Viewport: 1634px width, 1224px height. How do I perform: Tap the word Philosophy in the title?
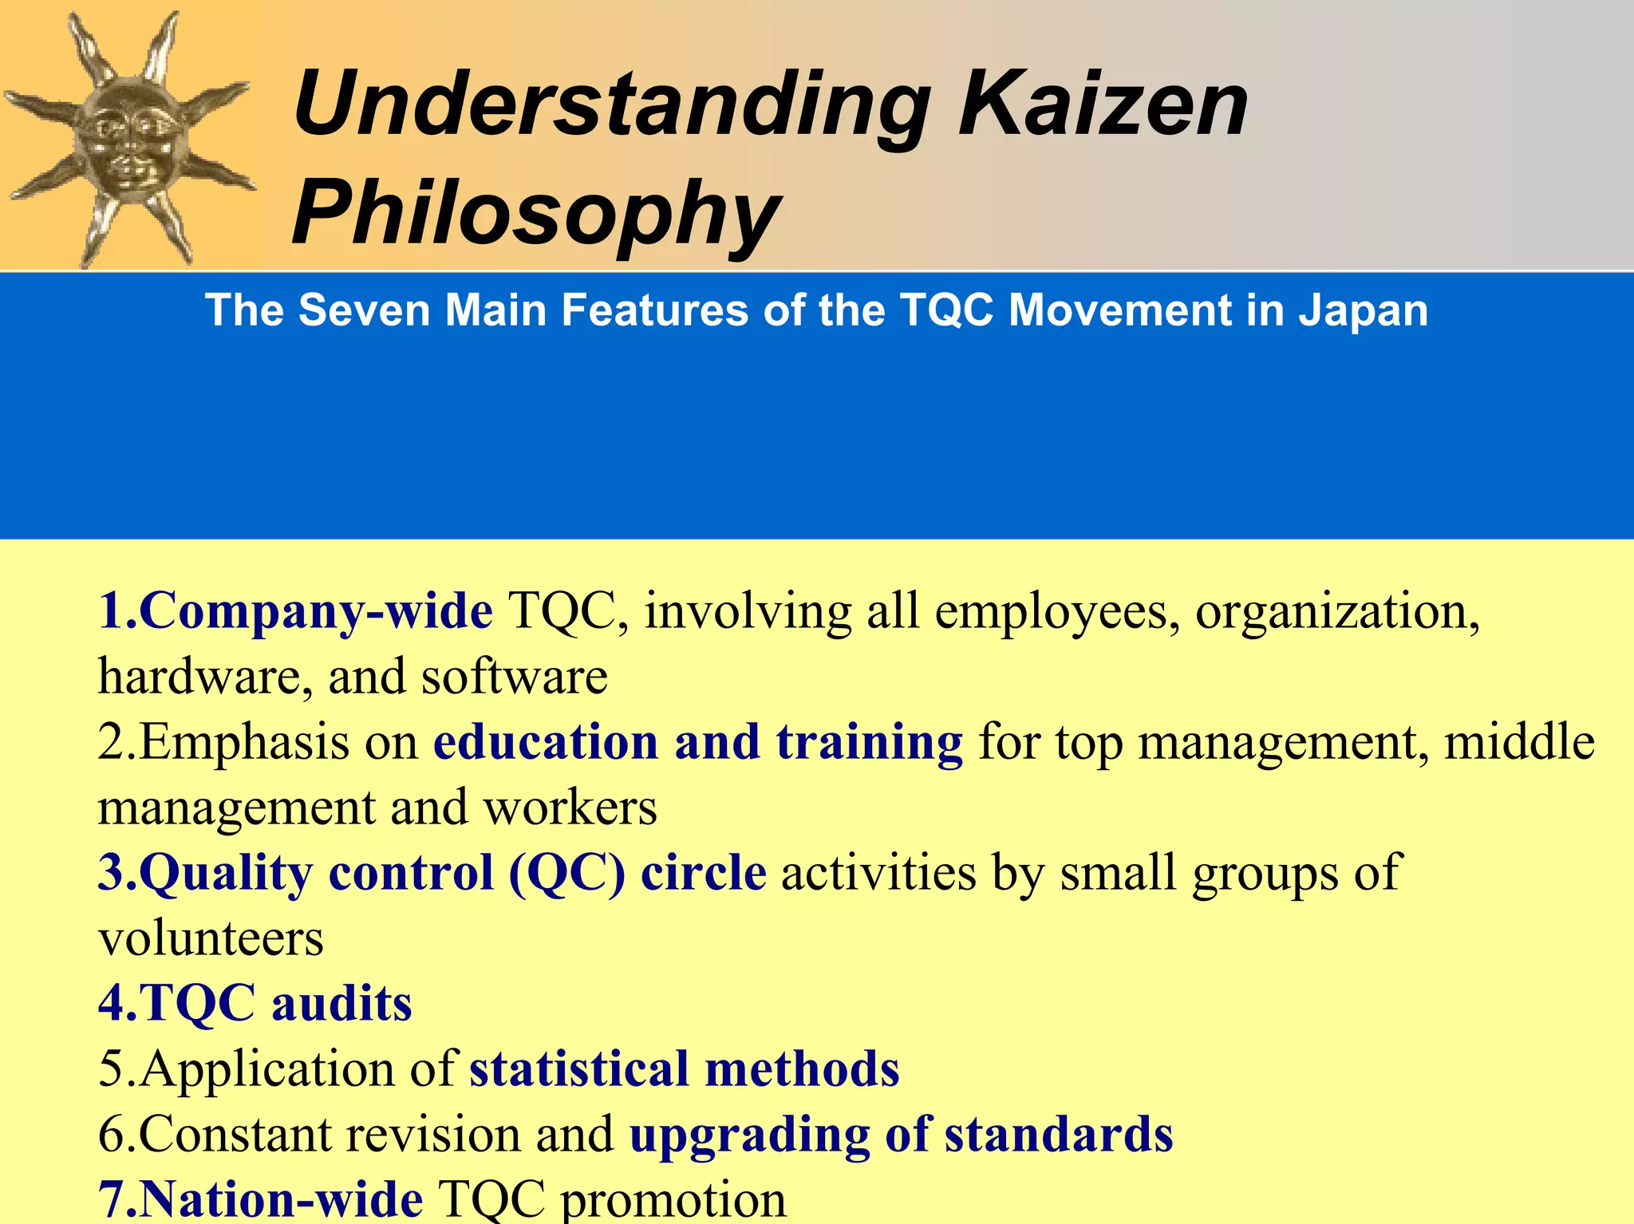[x=536, y=214]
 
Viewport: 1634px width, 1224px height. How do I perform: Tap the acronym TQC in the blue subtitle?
[x=947, y=310]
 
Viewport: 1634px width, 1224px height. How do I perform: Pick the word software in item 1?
[x=515, y=677]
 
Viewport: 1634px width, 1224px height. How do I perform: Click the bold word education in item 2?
[x=546, y=742]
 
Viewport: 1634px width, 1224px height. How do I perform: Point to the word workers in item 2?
[x=570, y=807]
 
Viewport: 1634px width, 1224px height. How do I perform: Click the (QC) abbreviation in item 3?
[x=566, y=873]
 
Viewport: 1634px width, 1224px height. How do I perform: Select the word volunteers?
[x=211, y=938]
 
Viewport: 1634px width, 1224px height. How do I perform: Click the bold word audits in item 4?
[x=341, y=1004]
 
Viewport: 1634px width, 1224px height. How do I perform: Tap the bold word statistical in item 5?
[x=579, y=1069]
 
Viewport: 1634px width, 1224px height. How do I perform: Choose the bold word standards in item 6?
[x=1059, y=1135]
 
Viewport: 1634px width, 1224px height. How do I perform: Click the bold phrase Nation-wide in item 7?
[x=282, y=1199]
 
